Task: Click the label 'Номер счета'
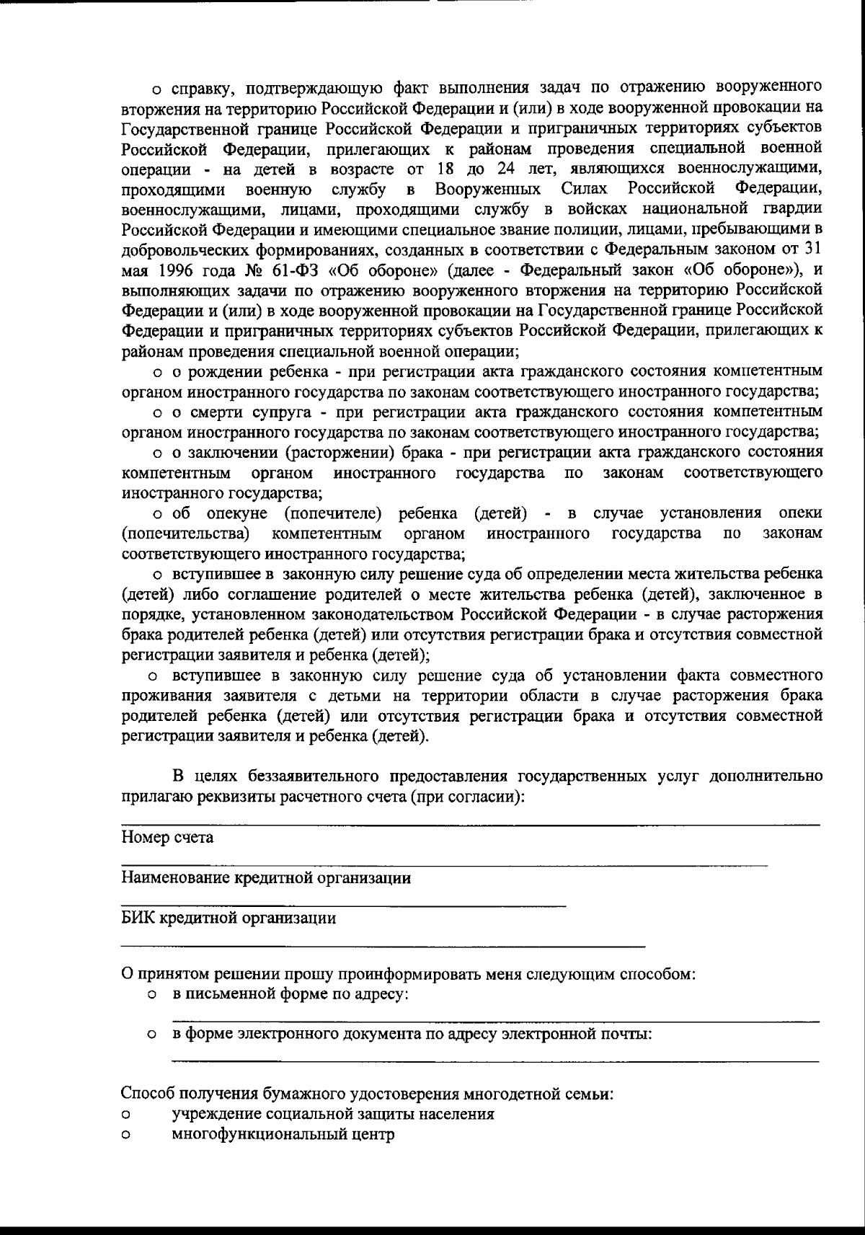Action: [x=167, y=838]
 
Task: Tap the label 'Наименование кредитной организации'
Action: [x=266, y=878]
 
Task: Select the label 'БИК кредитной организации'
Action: [x=228, y=918]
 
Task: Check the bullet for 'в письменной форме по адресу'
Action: [x=152, y=996]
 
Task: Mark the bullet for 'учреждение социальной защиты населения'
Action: [x=125, y=1115]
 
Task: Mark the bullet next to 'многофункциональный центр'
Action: [x=125, y=1135]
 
